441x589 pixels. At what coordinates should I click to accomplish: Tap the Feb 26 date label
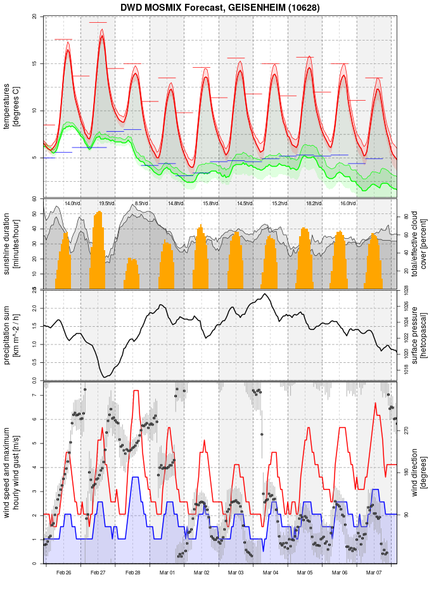click(63, 573)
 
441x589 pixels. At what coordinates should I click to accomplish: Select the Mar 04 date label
click(271, 573)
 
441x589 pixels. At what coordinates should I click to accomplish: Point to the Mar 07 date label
click(374, 573)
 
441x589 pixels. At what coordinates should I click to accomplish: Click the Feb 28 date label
click(132, 573)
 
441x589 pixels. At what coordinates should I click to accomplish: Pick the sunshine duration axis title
click(11, 244)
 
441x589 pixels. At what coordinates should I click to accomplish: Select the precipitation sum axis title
click(11, 334)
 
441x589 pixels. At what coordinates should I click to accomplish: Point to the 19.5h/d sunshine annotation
click(106, 203)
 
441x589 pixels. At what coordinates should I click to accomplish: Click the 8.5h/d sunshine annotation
click(141, 203)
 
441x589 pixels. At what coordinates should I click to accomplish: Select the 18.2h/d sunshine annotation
click(313, 203)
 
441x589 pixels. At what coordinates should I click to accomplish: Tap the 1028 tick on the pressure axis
click(406, 290)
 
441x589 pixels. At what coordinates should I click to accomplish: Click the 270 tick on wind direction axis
click(406, 430)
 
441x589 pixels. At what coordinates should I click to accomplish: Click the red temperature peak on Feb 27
click(102, 37)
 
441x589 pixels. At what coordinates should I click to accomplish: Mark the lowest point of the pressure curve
click(105, 377)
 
